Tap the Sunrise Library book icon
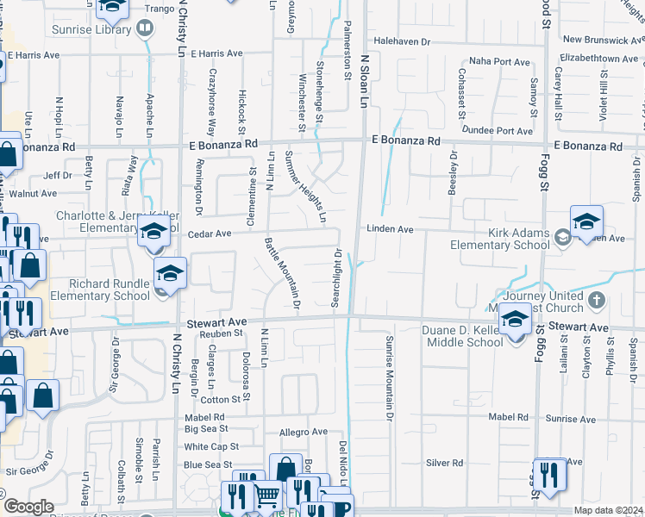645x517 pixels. tap(145, 28)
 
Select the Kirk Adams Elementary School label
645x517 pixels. tap(500, 239)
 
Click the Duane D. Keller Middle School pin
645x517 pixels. tap(515, 323)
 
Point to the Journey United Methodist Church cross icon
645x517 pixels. tap(596, 302)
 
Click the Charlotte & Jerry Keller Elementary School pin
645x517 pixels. tap(153, 233)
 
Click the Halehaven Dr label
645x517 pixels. tap(403, 41)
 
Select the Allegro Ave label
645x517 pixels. tap(303, 432)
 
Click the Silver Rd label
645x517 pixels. tap(444, 463)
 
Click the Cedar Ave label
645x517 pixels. tap(210, 234)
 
